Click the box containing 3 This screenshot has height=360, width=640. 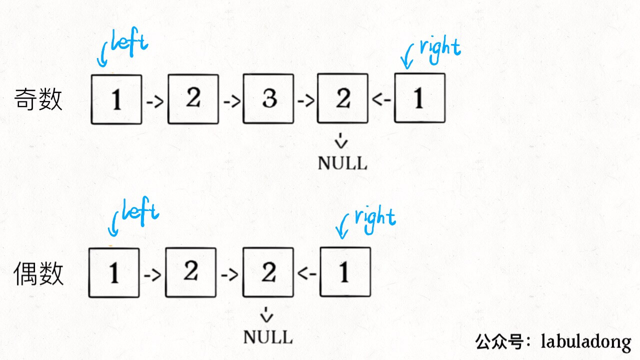268,99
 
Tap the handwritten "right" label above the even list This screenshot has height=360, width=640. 375,218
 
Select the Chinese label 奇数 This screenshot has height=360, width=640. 38,99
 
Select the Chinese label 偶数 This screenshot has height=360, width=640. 38,274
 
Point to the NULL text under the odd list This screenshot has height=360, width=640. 342,163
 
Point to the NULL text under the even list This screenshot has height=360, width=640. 267,336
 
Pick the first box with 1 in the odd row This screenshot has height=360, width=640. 116,99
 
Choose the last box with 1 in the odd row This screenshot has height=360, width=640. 419,98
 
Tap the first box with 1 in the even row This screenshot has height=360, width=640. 114,272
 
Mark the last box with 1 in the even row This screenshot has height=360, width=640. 345,272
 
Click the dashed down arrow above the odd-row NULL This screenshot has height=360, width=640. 342,141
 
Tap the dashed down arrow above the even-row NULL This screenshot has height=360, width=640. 267,314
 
